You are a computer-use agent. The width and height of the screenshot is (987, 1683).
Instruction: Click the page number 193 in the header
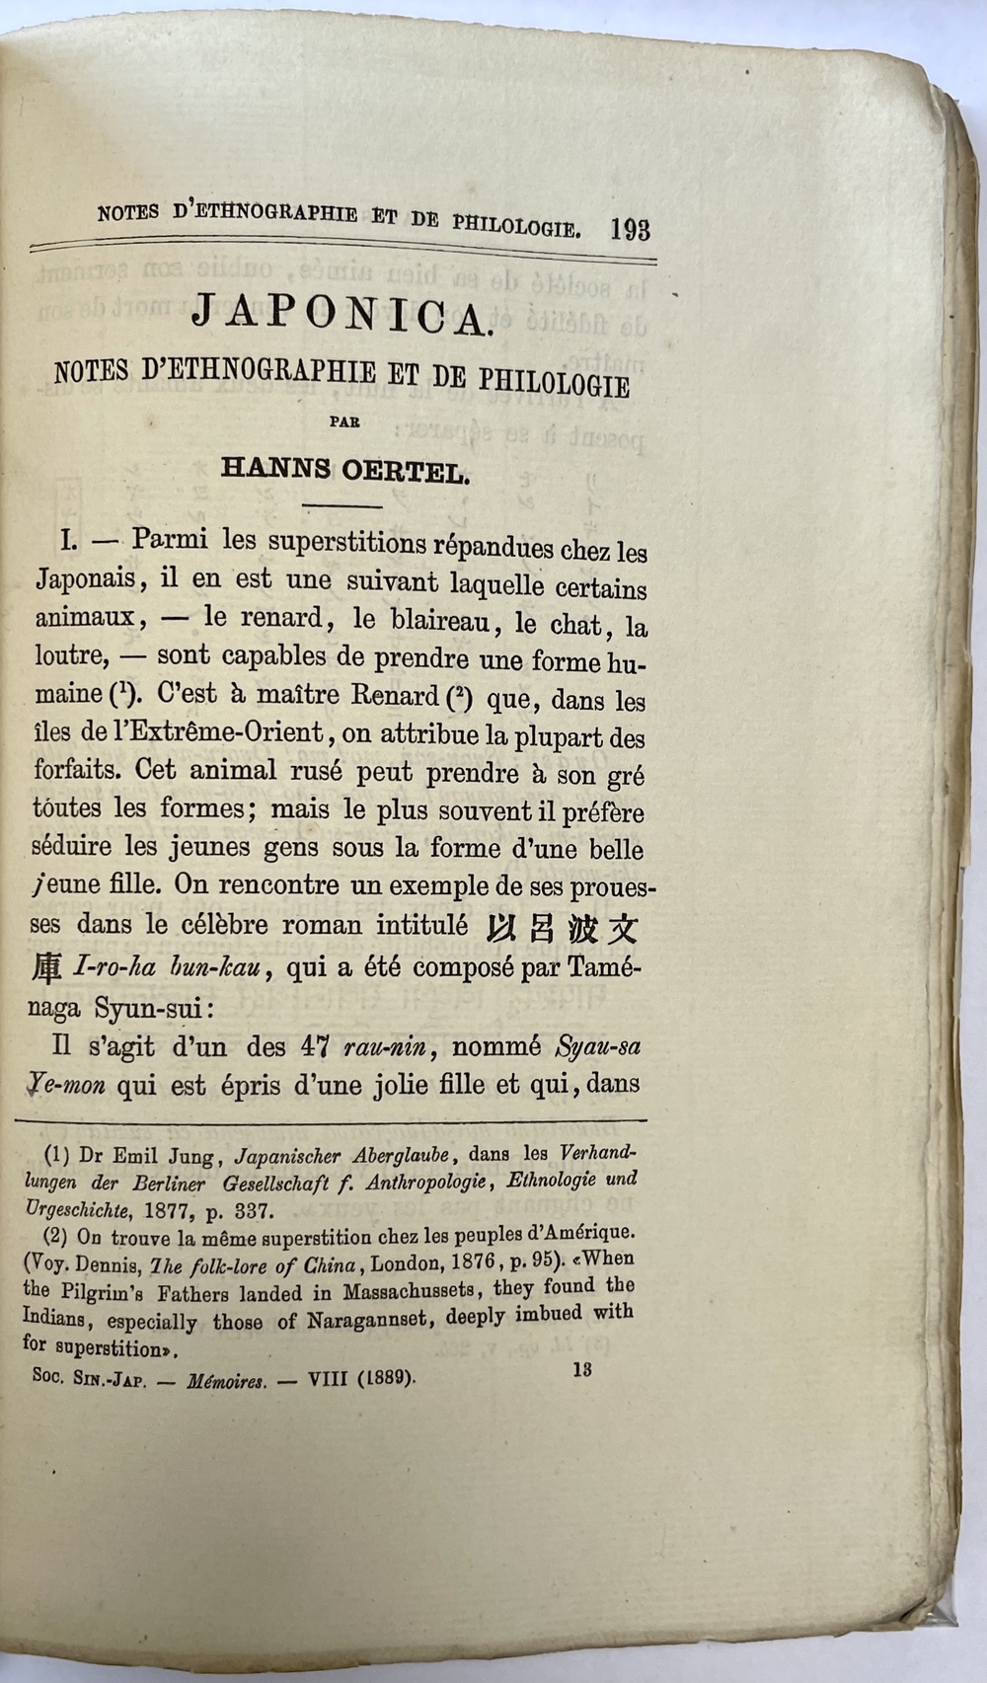(x=630, y=230)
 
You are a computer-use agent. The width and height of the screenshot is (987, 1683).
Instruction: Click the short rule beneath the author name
(x=342, y=506)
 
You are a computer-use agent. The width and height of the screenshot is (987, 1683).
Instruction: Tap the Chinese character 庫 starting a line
(x=47, y=968)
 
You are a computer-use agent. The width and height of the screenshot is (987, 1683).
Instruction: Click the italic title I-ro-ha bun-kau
(x=168, y=968)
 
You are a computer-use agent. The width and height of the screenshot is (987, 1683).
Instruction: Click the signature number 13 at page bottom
(x=581, y=1369)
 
